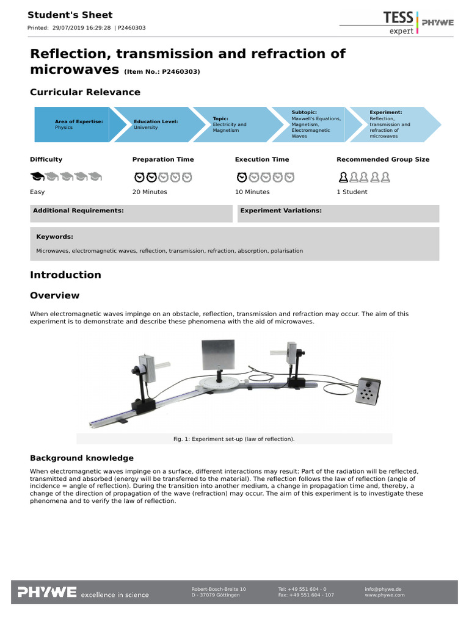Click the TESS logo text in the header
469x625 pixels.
pyautogui.click(x=398, y=16)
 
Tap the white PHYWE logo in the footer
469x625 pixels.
pyautogui.click(x=47, y=591)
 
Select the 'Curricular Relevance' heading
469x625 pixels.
pyautogui.click(x=85, y=92)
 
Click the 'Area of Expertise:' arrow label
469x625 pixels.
pyautogui.click(x=79, y=121)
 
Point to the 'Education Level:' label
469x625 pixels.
pyautogui.click(x=156, y=121)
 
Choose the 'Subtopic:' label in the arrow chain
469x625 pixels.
pyautogui.click(x=304, y=112)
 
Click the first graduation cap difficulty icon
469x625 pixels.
pyautogui.click(x=38, y=177)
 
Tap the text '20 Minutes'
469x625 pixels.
pyautogui.click(x=150, y=192)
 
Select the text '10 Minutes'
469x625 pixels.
pyautogui.click(x=252, y=192)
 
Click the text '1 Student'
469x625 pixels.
pyautogui.click(x=352, y=192)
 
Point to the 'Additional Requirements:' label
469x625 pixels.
pyautogui.click(x=78, y=211)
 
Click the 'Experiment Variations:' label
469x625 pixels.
pyautogui.click(x=281, y=211)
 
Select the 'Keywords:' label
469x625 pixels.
pyautogui.click(x=55, y=236)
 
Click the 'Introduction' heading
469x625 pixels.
pyautogui.click(x=65, y=275)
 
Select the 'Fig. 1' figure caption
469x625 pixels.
pyautogui.click(x=234, y=439)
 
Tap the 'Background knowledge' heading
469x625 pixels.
pyautogui.click(x=82, y=458)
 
